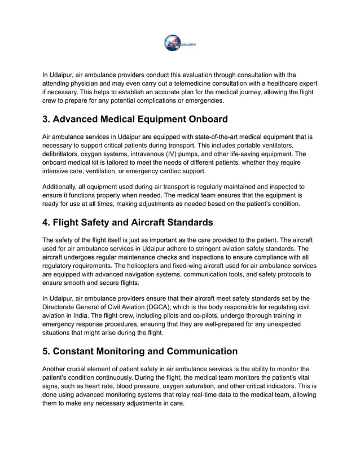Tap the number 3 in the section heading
[46, 119]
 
